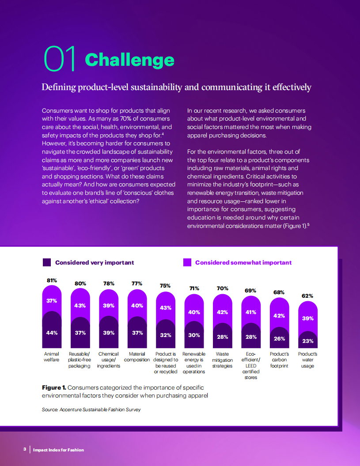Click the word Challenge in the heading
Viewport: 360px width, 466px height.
[129, 60]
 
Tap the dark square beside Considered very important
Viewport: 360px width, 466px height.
[47, 262]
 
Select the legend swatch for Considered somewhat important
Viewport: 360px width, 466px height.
[187, 262]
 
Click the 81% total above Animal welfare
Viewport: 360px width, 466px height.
[52, 280]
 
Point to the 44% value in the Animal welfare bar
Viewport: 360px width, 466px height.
[52, 333]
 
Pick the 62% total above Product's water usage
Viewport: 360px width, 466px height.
[307, 296]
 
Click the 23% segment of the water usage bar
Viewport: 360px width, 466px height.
[307, 341]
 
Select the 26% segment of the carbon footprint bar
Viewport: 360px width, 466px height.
[279, 339]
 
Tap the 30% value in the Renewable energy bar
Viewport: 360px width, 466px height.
[194, 335]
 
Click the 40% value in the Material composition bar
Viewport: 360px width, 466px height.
[137, 305]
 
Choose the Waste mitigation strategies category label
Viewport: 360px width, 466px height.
[222, 360]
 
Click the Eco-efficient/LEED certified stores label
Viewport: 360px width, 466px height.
[251, 366]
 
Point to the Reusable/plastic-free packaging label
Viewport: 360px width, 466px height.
[80, 360]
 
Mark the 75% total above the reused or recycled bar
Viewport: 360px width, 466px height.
[165, 286]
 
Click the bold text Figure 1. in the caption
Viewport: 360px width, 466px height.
[54, 387]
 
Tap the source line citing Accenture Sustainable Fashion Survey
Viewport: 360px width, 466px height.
[91, 409]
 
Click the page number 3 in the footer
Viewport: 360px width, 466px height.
[25, 450]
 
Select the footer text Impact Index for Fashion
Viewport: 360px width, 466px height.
[58, 450]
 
